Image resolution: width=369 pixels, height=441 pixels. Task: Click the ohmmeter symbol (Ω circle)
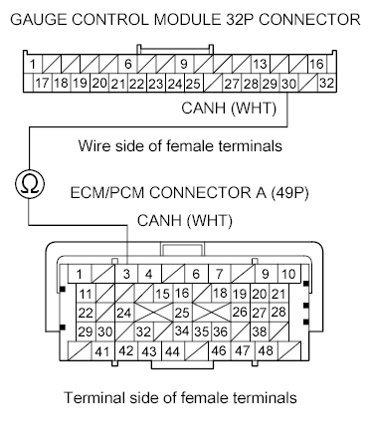pyautogui.click(x=29, y=182)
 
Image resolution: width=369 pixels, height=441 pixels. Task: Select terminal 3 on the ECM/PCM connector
pyautogui.click(x=127, y=274)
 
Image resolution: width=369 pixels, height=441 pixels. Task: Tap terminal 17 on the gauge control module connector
pyautogui.click(x=43, y=84)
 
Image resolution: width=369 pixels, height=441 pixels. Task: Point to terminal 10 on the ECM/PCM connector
pyautogui.click(x=287, y=274)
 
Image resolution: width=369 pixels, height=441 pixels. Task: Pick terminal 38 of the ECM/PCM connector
pyautogui.click(x=261, y=331)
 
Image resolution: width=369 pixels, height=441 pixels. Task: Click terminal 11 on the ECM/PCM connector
pyautogui.click(x=86, y=294)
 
